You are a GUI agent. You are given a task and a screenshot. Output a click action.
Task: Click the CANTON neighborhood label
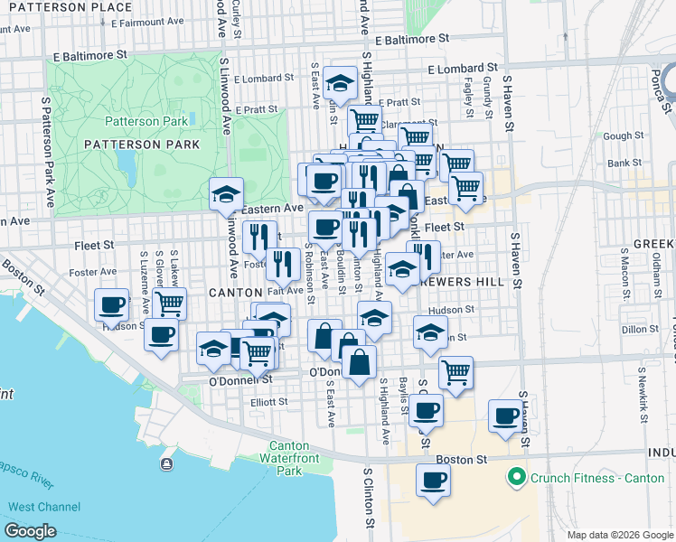click(235, 293)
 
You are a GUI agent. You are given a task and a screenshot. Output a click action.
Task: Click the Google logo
click(30, 531)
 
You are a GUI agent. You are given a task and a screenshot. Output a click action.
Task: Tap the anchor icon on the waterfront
click(166, 463)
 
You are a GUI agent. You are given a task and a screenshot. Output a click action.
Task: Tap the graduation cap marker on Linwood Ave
click(226, 193)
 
